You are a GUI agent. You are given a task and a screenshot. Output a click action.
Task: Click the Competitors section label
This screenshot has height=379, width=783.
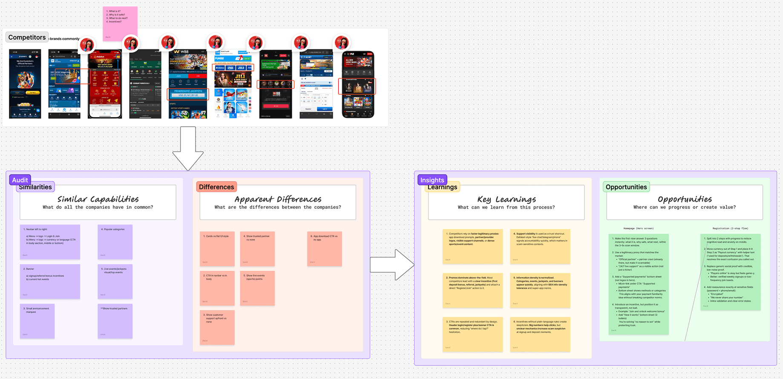tap(27, 37)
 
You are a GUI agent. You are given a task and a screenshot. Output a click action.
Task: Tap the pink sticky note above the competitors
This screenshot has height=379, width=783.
tap(120, 23)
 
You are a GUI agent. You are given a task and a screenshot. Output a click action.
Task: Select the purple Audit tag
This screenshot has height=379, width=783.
tap(20, 180)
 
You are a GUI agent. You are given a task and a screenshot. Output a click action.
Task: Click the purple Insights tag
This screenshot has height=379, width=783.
tap(432, 180)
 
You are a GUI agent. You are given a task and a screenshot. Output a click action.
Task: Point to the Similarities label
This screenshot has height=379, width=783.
tap(35, 187)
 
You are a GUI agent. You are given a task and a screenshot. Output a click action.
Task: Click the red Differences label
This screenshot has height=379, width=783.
tap(216, 187)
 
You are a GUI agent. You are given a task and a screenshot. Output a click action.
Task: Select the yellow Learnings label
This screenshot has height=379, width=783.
tap(443, 187)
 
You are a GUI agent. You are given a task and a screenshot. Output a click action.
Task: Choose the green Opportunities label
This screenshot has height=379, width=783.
tap(626, 187)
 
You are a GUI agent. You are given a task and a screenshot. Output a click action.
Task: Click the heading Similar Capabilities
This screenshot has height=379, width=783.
tap(98, 199)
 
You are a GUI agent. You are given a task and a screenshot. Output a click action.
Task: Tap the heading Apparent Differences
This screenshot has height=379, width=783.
tap(278, 199)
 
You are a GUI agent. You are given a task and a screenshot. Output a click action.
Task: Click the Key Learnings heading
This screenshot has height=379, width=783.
tap(506, 199)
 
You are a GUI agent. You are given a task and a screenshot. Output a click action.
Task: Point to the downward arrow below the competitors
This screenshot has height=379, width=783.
tap(188, 149)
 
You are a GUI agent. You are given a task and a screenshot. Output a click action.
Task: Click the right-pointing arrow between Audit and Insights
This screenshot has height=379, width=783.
tap(391, 265)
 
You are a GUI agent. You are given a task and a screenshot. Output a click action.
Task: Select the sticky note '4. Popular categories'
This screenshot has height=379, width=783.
tap(115, 242)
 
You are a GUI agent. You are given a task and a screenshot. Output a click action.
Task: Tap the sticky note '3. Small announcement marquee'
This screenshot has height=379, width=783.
tap(37, 321)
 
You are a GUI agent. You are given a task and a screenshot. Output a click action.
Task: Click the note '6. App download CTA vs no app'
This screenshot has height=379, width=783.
tap(325, 249)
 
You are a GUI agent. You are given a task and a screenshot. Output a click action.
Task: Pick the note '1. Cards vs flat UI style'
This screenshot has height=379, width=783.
tap(217, 249)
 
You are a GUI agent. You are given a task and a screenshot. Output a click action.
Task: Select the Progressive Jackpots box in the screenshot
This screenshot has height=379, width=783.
tap(188, 93)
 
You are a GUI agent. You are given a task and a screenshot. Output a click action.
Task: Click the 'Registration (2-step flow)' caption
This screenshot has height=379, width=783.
tap(730, 229)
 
